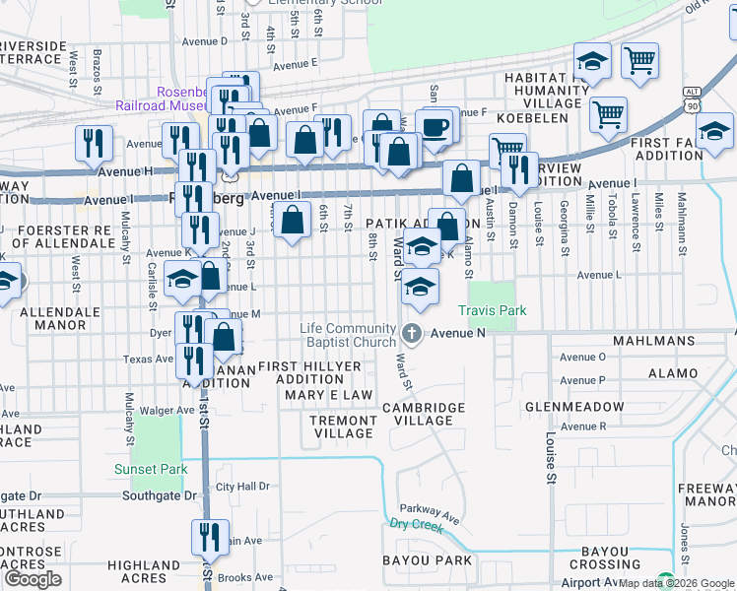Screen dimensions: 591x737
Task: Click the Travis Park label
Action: (497, 310)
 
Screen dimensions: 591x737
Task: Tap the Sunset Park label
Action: (150, 469)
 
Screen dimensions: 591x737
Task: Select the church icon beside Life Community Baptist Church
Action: (411, 334)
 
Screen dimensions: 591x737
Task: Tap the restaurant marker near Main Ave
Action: (209, 539)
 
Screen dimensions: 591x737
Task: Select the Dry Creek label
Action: (413, 525)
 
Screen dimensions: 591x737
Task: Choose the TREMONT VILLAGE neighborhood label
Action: (342, 426)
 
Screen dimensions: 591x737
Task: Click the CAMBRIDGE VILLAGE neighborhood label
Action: (423, 414)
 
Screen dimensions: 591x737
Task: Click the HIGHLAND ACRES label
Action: (144, 571)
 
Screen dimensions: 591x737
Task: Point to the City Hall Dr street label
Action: (242, 487)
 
